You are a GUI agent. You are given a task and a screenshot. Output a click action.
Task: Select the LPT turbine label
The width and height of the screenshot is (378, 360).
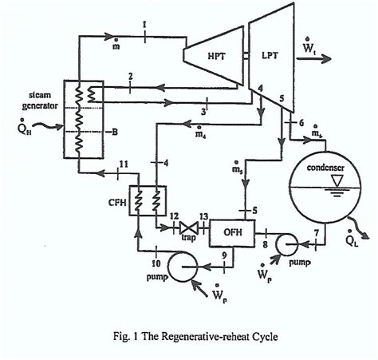[263, 55]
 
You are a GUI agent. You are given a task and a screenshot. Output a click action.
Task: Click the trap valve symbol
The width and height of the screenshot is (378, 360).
[187, 227]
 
